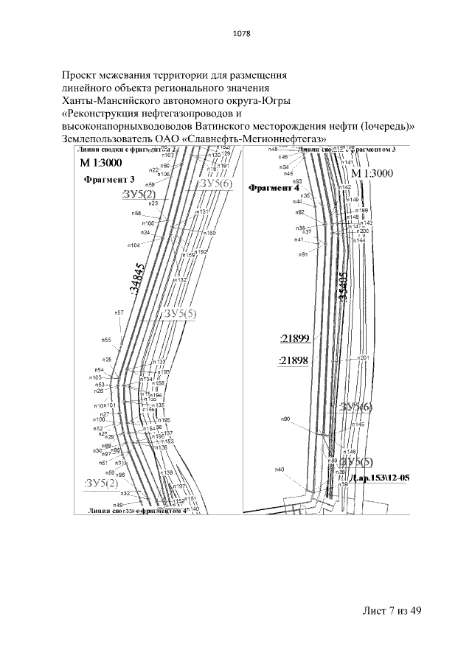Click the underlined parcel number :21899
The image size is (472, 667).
click(294, 339)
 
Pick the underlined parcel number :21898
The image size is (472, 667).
click(294, 360)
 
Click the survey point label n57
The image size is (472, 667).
click(119, 313)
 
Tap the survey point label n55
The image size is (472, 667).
click(106, 341)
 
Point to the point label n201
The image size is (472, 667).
click(362, 357)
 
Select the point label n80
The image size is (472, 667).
click(285, 419)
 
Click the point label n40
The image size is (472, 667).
click(280, 469)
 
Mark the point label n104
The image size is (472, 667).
click(133, 245)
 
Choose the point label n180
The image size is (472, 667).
click(210, 234)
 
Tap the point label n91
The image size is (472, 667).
click(302, 254)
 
